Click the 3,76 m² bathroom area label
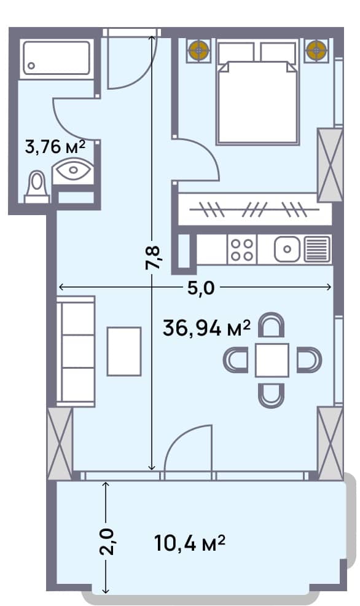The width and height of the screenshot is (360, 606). [x=55, y=147]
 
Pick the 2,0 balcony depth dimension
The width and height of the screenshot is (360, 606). [x=106, y=541]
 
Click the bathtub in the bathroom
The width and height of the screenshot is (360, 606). [x=56, y=59]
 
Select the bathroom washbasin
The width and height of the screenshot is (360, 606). [x=72, y=170]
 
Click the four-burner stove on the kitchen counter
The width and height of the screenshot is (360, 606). [x=241, y=249]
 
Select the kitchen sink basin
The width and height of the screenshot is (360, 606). [x=285, y=249]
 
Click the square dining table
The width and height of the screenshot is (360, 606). [x=272, y=360]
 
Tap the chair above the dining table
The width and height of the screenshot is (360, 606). [x=271, y=325]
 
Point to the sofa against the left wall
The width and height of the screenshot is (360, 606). [x=76, y=351]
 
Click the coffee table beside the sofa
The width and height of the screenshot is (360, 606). [x=123, y=352]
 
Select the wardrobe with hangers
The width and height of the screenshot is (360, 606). [x=254, y=210]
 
